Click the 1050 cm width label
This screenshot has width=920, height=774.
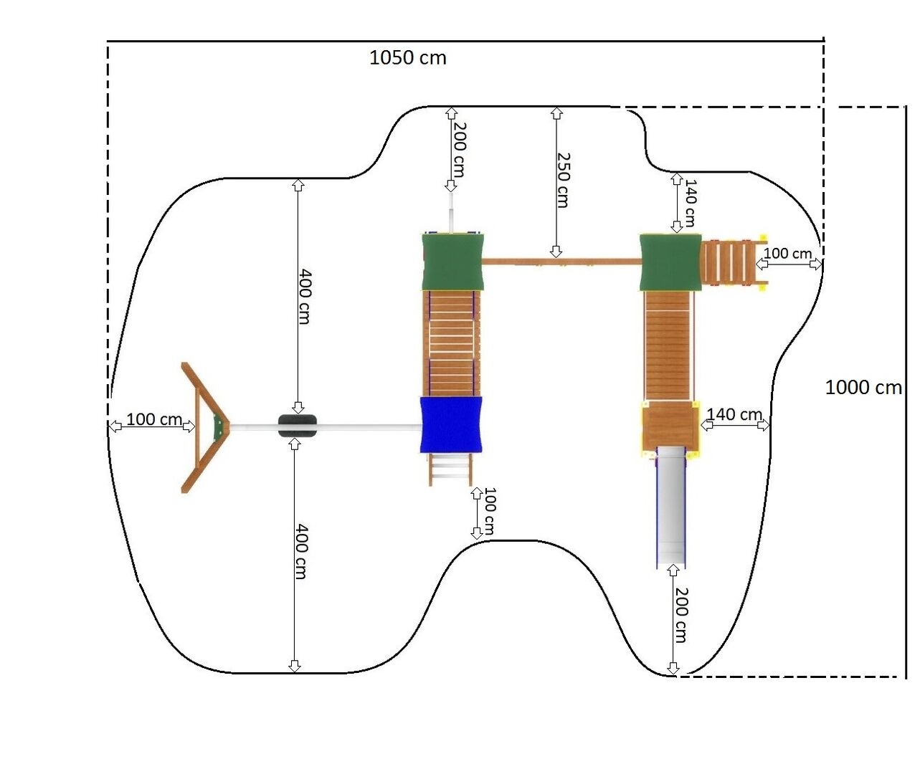click(x=407, y=58)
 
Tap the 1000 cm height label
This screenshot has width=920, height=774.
click(x=863, y=388)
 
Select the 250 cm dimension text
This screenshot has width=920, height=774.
click(x=563, y=180)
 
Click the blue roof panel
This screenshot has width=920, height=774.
click(x=451, y=425)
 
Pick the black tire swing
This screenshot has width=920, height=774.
click(x=298, y=426)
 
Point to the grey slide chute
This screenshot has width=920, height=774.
click(x=670, y=507)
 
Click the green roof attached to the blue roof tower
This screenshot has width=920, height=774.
click(x=452, y=262)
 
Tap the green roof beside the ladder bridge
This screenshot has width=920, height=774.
click(x=670, y=262)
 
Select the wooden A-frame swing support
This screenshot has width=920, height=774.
click(x=204, y=427)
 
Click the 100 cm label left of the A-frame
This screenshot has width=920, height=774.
click(x=154, y=419)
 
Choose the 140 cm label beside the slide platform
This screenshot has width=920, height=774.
click(x=734, y=414)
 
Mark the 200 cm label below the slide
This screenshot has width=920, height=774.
click(x=681, y=615)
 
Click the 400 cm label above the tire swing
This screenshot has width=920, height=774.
click(x=305, y=297)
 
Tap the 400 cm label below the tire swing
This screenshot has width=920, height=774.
click(x=301, y=551)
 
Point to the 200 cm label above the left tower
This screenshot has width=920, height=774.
click(x=459, y=149)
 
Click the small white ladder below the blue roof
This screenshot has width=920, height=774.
click(x=450, y=469)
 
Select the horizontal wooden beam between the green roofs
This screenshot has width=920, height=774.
click(x=561, y=262)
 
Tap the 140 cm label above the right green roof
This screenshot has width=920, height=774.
click(x=690, y=203)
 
